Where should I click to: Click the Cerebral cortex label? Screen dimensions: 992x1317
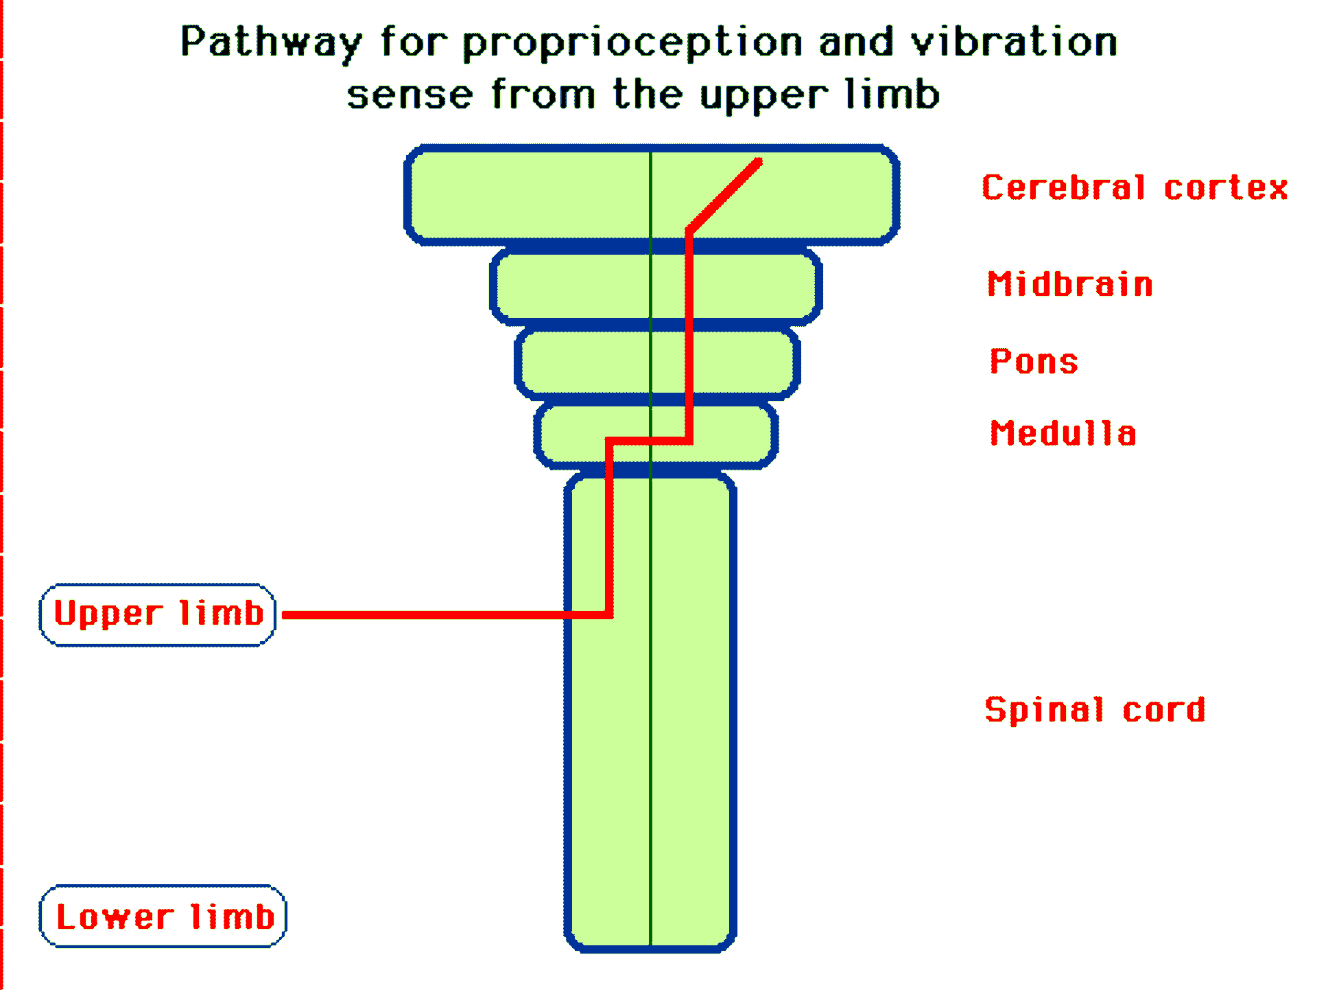[x=1135, y=187]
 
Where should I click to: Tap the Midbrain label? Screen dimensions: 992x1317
[x=1070, y=284]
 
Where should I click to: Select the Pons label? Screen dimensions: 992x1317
[x=1034, y=361]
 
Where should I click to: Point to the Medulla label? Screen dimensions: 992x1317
[x=1063, y=433]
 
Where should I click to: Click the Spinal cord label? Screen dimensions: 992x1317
[x=1095, y=710]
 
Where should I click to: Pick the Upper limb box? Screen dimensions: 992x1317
[x=158, y=614]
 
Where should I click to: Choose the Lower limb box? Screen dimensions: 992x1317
[x=163, y=916]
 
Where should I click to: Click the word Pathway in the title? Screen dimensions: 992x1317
[x=271, y=43]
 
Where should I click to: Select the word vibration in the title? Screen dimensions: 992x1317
[x=1014, y=43]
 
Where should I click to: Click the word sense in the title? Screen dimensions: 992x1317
[x=410, y=95]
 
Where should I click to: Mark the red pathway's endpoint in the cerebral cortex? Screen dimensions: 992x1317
[x=759, y=162]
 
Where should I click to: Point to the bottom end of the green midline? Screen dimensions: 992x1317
[x=650, y=945]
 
